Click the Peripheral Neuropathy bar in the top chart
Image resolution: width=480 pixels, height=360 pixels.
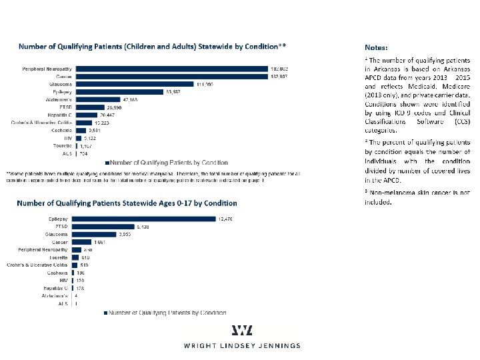point(167,69)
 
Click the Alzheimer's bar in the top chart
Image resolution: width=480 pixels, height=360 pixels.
point(101,99)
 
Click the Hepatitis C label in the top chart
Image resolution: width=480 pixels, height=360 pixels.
point(59,115)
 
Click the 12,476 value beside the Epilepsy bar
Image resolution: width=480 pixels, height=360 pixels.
point(227,219)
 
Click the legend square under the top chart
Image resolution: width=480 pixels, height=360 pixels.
point(107,162)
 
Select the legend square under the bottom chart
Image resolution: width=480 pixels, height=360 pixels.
point(104,312)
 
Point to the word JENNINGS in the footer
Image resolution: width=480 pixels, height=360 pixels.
point(281,346)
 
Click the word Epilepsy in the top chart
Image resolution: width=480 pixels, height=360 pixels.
point(61,92)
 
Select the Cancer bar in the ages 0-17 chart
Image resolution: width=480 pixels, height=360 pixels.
point(82,241)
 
